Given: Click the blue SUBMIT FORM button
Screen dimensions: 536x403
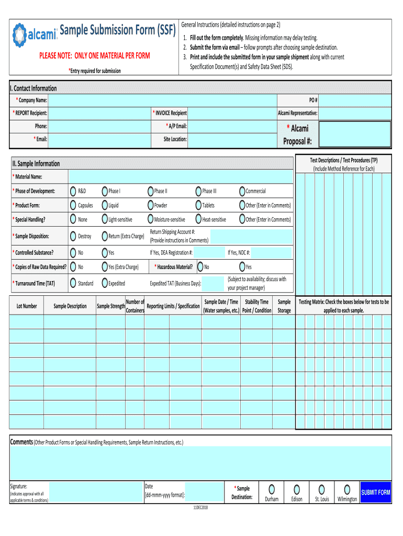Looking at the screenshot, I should click(375, 493).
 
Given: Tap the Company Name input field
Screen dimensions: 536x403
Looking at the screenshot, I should click(162, 100).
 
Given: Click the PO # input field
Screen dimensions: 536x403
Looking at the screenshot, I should click(355, 100).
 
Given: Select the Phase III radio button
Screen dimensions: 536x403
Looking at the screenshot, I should click(198, 192).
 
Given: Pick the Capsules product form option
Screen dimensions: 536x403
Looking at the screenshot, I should click(74, 206).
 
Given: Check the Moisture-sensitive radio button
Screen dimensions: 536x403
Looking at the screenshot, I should click(150, 220).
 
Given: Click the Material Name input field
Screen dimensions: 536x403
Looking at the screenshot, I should click(181, 177).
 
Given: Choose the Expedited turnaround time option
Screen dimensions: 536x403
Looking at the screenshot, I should click(105, 284).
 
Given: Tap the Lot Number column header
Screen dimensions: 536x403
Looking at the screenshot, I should click(27, 306).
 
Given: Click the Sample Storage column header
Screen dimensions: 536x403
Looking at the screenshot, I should click(284, 306).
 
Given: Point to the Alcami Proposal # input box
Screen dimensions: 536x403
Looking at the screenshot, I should click(355, 135).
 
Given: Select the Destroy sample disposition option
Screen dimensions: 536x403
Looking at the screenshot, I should click(74, 236).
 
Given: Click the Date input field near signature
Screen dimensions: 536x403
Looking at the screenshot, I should click(205, 493).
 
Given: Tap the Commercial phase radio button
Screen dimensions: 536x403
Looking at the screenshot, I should click(242, 192).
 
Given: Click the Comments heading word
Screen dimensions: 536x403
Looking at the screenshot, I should click(22, 442).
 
